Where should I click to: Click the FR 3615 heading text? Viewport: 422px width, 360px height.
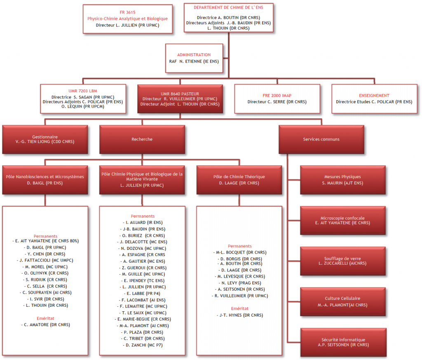pos(127,12)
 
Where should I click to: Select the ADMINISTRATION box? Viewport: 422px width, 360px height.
pos(194,58)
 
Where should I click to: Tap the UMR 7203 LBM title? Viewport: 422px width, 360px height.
pos(82,90)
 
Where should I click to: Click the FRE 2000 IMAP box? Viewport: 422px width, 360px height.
pos(277,99)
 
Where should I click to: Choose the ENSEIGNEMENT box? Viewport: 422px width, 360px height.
pos(374,99)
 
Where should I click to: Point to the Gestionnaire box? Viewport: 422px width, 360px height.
pos(45,139)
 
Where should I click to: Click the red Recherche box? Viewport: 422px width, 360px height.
pos(142,139)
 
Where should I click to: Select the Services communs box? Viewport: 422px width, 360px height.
pos(321,139)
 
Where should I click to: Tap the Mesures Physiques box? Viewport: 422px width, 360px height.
pos(343,180)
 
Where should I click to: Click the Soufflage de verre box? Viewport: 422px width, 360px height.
pos(343,261)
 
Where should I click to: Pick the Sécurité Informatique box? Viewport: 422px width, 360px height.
pos(343,342)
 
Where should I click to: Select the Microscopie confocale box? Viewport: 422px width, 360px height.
pos(343,221)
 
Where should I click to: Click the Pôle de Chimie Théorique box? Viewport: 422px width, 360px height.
pos(239,180)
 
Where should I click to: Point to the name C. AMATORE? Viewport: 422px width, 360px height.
pos(45,325)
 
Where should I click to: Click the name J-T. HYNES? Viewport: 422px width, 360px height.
pos(239,315)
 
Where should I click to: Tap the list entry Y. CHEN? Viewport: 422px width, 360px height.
pos(45,254)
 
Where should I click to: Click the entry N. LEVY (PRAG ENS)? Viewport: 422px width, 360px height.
pos(239,283)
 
